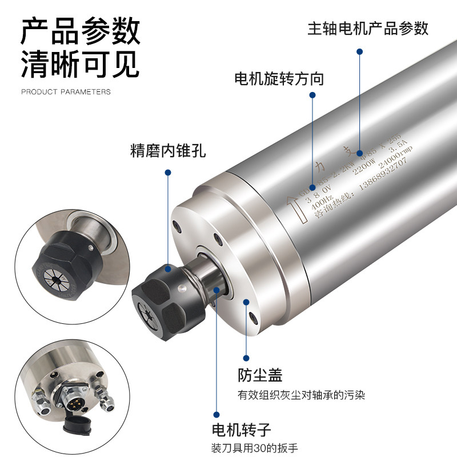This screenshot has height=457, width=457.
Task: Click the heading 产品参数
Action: click(x=81, y=31)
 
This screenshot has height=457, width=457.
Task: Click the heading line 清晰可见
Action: click(x=81, y=65)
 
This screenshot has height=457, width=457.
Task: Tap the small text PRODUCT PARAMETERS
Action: click(x=66, y=91)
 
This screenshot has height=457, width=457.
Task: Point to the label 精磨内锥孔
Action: click(x=167, y=152)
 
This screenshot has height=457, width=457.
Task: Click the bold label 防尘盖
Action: click(x=260, y=375)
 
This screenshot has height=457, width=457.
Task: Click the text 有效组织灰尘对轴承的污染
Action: click(x=301, y=395)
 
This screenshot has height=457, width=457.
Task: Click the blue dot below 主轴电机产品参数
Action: click(x=359, y=51)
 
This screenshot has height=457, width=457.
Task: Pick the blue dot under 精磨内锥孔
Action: click(x=168, y=172)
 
